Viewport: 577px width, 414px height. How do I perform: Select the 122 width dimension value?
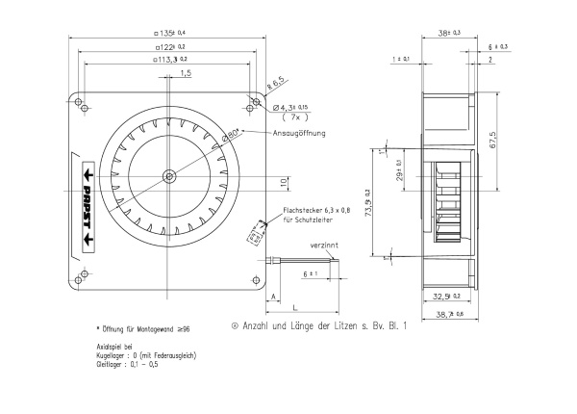pyautogui.click(x=169, y=46)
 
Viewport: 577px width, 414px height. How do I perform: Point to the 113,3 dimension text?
pyautogui.click(x=170, y=60)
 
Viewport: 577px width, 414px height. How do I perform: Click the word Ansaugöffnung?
pyautogui.click(x=301, y=133)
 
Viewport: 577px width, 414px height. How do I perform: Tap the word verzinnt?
pyautogui.click(x=323, y=246)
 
